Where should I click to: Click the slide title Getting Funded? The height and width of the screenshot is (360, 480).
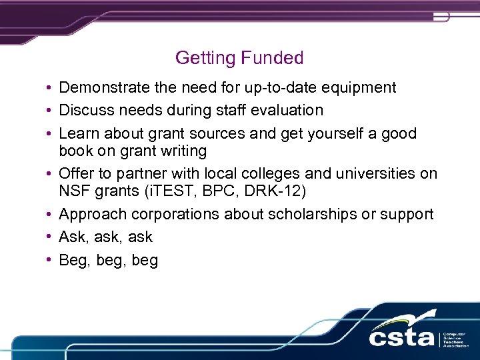(x=239, y=58)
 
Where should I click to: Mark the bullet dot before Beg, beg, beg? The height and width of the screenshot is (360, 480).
(x=50, y=260)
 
